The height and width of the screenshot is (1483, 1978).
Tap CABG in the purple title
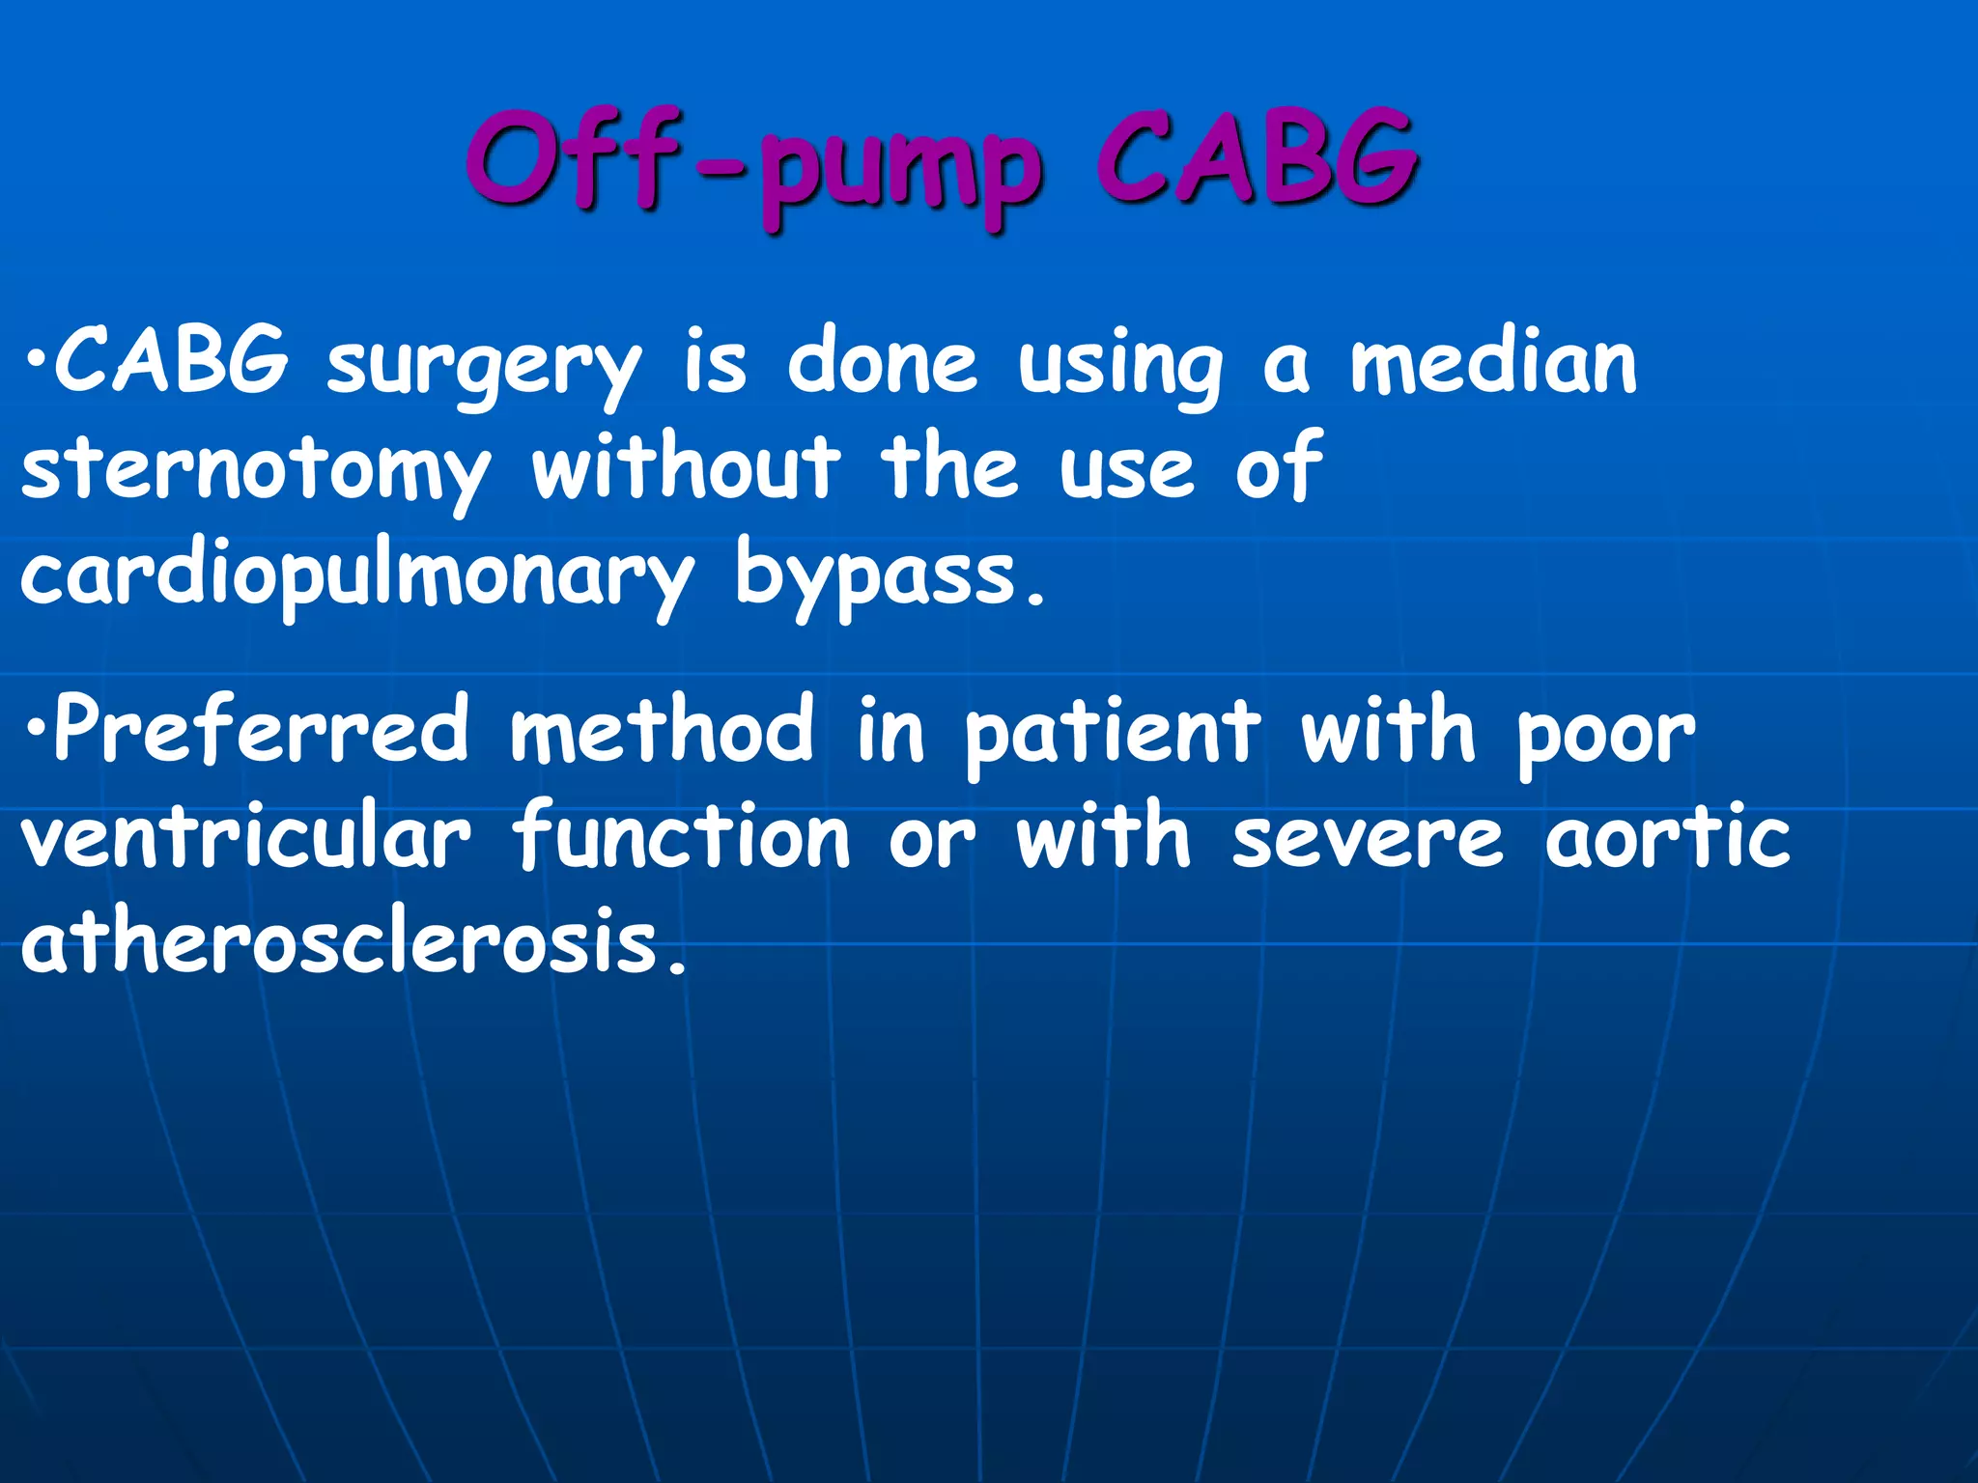(x=1256, y=159)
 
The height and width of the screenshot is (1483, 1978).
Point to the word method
(x=663, y=730)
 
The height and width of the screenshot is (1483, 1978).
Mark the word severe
(x=1368, y=838)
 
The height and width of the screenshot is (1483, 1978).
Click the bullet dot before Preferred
(x=35, y=729)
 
